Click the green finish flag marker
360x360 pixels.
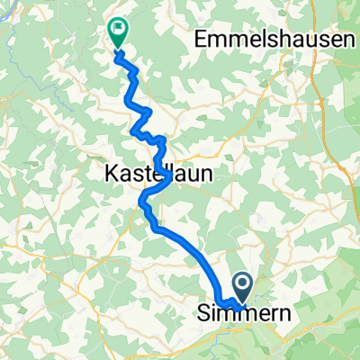(117, 32)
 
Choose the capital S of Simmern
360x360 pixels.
(203, 315)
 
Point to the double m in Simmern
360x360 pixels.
(229, 315)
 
